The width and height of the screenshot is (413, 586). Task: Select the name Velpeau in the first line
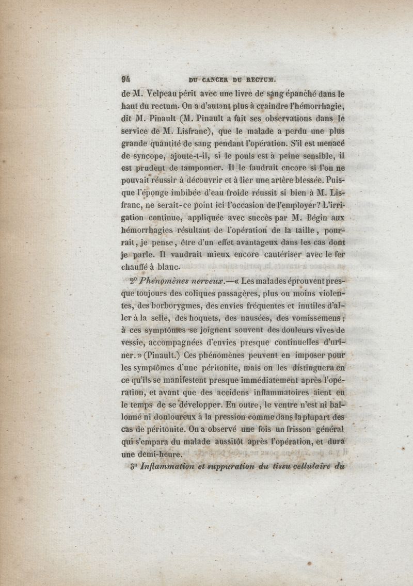(164, 94)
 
